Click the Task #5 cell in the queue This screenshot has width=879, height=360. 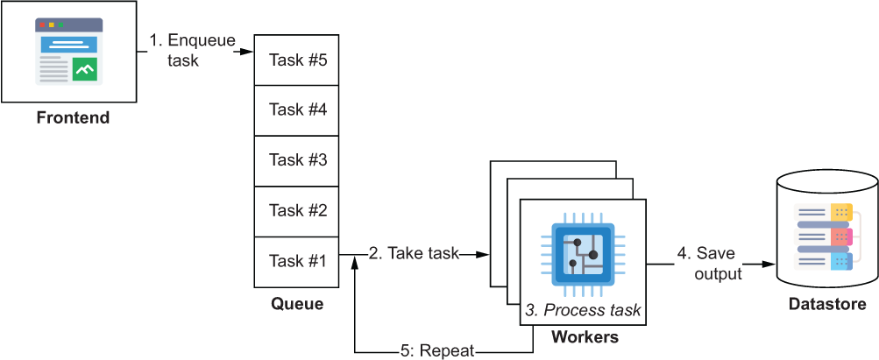(x=297, y=60)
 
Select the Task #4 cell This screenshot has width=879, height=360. (x=297, y=110)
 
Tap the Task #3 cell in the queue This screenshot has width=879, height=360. (x=297, y=160)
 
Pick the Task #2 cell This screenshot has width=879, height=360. (x=297, y=212)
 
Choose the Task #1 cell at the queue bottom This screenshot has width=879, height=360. (x=297, y=262)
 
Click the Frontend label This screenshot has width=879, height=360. (x=73, y=118)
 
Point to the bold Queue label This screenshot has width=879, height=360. (x=297, y=304)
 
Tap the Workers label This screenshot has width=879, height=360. (x=585, y=337)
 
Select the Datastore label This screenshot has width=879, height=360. (x=827, y=305)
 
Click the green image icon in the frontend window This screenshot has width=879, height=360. (x=85, y=69)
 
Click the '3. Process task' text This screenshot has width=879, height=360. (x=583, y=310)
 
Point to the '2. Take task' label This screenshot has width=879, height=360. (x=414, y=254)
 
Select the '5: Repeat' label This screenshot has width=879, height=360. (x=437, y=351)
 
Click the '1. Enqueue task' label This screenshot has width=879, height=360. (x=192, y=50)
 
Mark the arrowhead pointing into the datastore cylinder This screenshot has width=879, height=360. (x=769, y=265)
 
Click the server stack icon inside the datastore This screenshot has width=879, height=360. (x=824, y=236)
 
